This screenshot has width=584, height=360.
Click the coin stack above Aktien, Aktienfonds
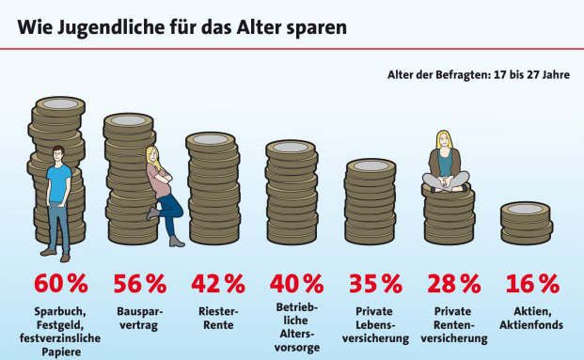526,223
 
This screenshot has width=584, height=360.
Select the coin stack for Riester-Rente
214,188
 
